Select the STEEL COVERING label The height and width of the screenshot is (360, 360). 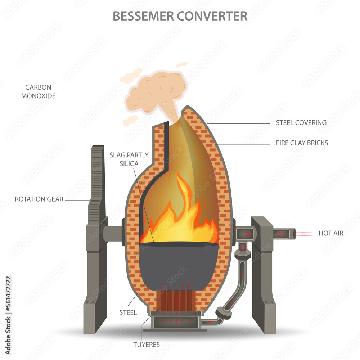click(301, 122)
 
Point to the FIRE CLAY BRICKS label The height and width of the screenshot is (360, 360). click(302, 143)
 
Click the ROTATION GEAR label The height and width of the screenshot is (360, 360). click(39, 199)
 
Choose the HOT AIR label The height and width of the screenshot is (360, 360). click(331, 233)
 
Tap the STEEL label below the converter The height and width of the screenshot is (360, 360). click(128, 312)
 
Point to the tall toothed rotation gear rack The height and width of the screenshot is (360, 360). click(96, 180)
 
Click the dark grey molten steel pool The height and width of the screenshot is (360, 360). click(178, 263)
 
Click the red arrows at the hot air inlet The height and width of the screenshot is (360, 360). click(302, 234)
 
